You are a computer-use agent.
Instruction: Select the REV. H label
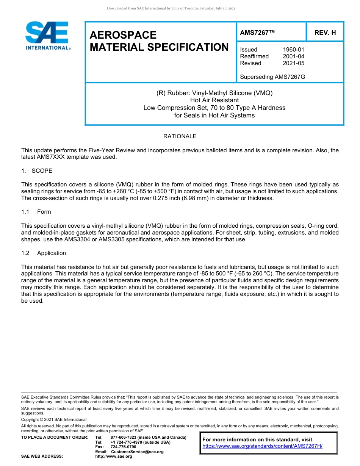pyautogui.click(x=325, y=33)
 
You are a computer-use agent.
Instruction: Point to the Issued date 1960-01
pyautogui.click(x=293, y=50)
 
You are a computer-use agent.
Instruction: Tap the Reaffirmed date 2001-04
pyautogui.click(x=293, y=56)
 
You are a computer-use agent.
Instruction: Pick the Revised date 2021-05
pyautogui.click(x=293, y=63)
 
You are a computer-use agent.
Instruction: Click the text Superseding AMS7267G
pyautogui.click(x=272, y=77)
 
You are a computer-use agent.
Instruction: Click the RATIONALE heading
pyautogui.click(x=180, y=136)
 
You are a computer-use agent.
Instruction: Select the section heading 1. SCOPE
pyautogui.click(x=37, y=171)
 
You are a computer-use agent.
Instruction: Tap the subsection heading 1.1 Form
pyautogui.click(x=36, y=212)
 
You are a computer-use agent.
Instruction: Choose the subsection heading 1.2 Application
pyautogui.click(x=44, y=253)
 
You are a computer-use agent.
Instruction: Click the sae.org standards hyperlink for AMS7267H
pyautogui.click(x=262, y=446)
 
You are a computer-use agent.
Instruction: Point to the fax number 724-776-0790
pyautogui.click(x=123, y=447)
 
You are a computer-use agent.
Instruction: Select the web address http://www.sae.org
pyautogui.click(x=114, y=457)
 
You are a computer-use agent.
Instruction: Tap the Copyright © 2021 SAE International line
pyautogui.click(x=54, y=419)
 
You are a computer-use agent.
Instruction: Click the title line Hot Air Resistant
pyautogui.click(x=214, y=100)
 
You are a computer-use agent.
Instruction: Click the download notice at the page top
pyautogui.click(x=171, y=8)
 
